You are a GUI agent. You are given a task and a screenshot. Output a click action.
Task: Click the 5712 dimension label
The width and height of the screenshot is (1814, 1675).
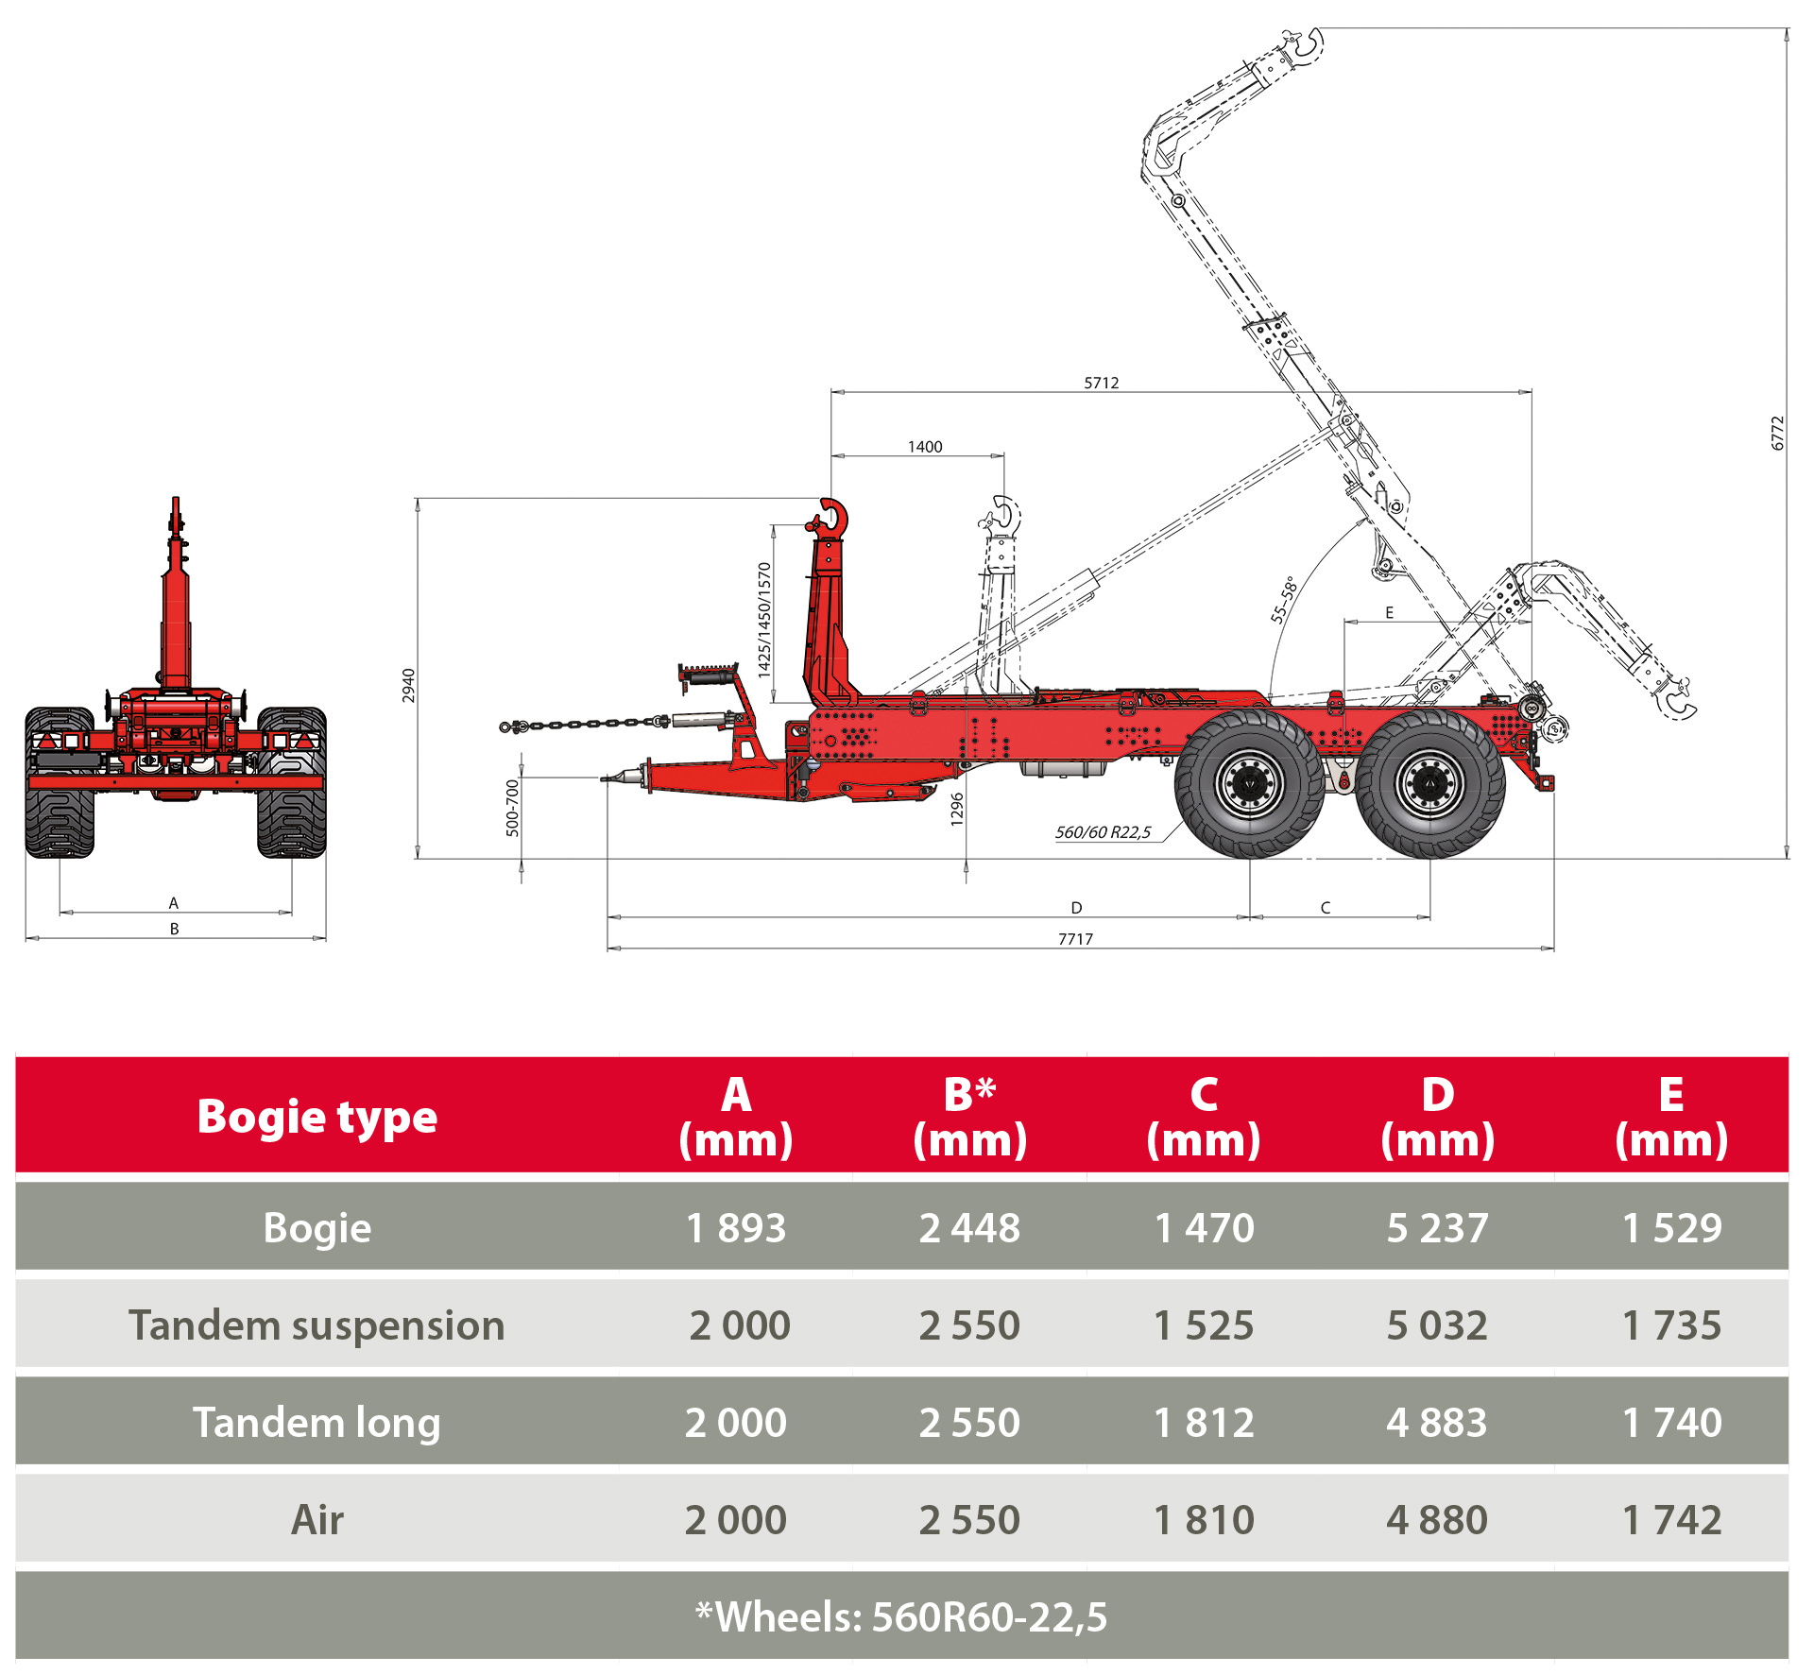pos(1102,383)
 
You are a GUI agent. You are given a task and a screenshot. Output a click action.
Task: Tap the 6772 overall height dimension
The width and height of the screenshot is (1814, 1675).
pos(1777,434)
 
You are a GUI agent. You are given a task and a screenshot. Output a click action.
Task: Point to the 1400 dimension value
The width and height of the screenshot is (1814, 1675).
pos(925,447)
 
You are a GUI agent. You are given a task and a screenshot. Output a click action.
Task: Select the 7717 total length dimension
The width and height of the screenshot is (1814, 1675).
pos(1075,938)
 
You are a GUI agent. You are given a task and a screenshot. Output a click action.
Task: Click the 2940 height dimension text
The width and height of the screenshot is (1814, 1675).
pos(409,685)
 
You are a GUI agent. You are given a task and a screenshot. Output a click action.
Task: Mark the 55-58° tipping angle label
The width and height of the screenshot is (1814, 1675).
pos(1283,599)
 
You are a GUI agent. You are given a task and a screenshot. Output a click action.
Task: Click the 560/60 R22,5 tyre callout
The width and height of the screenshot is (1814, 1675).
pos(1103,832)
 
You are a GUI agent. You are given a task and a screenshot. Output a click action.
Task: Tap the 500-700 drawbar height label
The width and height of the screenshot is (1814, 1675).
pos(512,808)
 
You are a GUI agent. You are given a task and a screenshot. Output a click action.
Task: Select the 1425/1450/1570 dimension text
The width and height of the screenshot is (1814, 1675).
pos(764,620)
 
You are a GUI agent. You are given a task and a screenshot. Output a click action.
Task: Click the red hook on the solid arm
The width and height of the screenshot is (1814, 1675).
pos(830,520)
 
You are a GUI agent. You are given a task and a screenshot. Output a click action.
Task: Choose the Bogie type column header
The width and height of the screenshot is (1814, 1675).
pos(317,1118)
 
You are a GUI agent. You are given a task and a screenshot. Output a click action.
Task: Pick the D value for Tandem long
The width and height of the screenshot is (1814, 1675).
pos(1437,1423)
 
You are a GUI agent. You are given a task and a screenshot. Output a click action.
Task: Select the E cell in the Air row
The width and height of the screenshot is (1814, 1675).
pos(1671,1520)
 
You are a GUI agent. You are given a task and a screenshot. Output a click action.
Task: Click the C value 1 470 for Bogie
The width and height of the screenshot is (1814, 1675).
pos(1204,1228)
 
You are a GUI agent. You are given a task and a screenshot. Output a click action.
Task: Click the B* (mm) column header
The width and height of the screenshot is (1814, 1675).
pos(969,1118)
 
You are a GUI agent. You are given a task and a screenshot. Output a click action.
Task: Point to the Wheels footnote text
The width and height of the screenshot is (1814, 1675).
pos(901,1617)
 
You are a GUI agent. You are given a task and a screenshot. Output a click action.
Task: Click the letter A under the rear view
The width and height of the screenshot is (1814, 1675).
pos(174,903)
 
